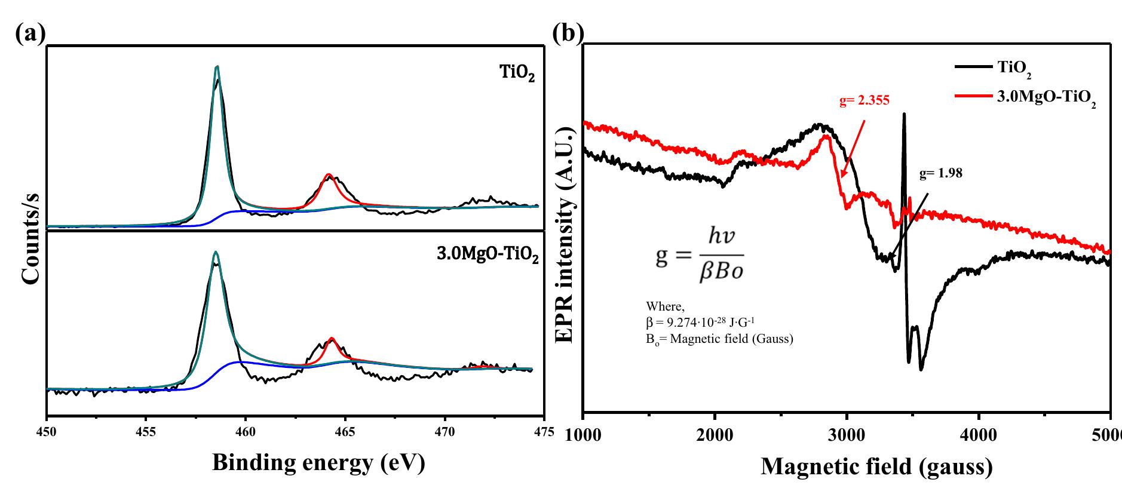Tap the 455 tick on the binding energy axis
click(x=146, y=431)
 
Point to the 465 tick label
click(x=345, y=431)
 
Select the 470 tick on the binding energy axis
click(x=444, y=431)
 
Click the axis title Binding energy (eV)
click(x=318, y=463)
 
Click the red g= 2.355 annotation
click(x=864, y=101)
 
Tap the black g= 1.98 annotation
click(x=941, y=174)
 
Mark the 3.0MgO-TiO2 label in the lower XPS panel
click(x=488, y=257)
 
